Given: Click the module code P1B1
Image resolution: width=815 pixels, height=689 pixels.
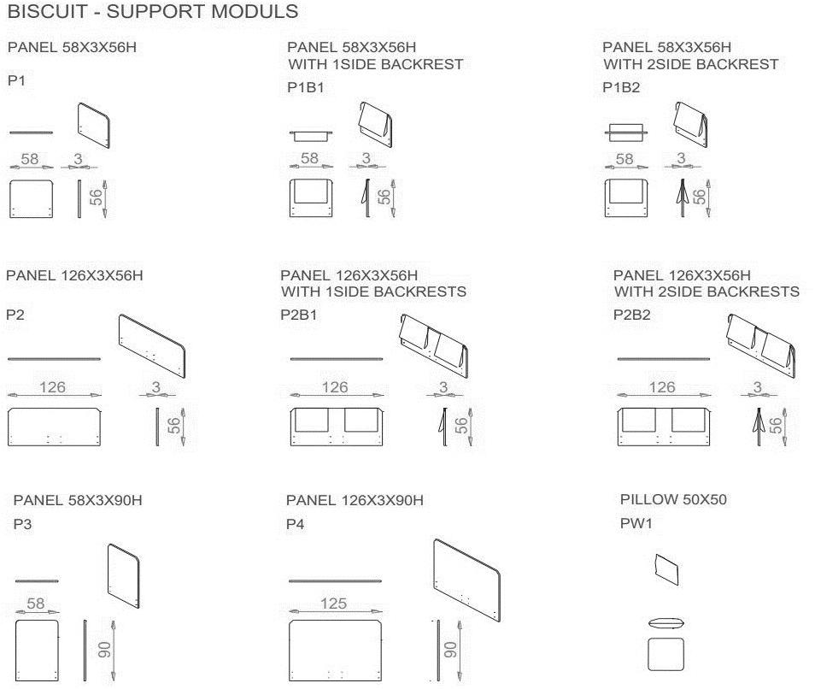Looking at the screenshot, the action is (x=306, y=87).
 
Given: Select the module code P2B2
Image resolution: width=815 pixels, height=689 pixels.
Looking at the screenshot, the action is (x=632, y=315).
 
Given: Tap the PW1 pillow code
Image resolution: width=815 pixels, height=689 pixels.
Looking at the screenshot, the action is (x=636, y=523).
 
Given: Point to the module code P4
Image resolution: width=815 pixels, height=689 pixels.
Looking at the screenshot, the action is (x=296, y=524).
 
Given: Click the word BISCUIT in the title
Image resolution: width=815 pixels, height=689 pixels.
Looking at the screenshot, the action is (x=47, y=11).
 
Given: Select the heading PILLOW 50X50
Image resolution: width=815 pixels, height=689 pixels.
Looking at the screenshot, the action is (x=674, y=500).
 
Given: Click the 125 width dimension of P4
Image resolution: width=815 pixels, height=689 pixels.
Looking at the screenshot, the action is (x=333, y=604).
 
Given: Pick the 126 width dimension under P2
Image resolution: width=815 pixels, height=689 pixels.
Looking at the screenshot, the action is (x=52, y=387).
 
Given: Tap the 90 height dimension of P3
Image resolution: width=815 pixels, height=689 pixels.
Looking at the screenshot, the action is (x=104, y=650).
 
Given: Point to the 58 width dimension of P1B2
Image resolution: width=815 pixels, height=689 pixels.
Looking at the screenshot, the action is (x=624, y=159).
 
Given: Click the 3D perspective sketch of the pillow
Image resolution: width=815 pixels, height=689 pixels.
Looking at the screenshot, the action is (x=667, y=569).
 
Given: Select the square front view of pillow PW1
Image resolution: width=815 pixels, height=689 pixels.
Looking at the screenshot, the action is (x=665, y=654).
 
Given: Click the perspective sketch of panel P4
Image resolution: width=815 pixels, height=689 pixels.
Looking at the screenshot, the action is (x=466, y=580).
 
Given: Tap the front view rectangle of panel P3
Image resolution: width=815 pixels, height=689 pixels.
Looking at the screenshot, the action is (x=37, y=650).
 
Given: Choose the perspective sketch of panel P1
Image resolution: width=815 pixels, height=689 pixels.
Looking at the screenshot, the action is (x=94, y=126).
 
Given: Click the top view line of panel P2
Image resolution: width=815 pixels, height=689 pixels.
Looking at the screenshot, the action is (x=54, y=359).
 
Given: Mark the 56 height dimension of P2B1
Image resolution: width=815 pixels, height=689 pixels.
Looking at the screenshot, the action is (x=461, y=426).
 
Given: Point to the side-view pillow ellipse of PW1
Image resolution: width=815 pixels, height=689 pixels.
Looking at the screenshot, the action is (x=665, y=623).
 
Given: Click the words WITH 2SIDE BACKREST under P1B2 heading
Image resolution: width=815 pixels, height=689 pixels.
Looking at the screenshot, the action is (x=691, y=64).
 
